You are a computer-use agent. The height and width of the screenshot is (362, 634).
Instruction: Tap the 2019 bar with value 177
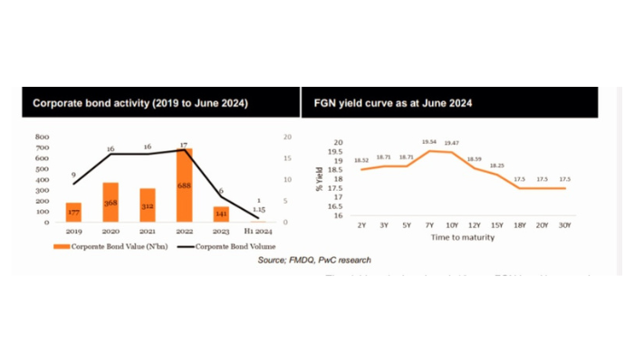point(74,213)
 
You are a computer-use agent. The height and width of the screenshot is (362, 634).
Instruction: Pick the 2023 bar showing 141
point(221,214)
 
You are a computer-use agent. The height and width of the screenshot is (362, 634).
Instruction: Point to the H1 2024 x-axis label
point(257,231)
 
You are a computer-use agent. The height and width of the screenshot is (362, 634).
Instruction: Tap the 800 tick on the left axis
point(42,138)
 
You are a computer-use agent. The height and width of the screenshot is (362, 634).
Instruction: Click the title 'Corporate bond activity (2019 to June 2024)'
point(140,102)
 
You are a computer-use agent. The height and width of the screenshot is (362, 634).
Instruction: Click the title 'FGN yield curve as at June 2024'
point(388,102)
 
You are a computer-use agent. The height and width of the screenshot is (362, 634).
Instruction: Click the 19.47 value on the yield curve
point(451,143)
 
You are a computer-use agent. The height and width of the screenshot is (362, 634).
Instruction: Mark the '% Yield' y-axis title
point(319,177)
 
